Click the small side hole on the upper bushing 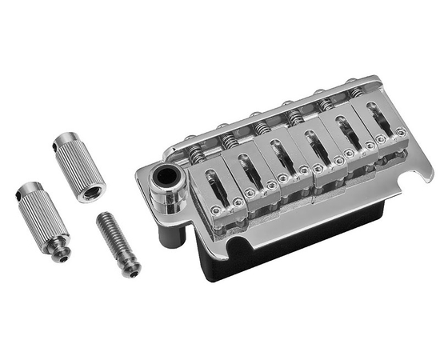(64, 149)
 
